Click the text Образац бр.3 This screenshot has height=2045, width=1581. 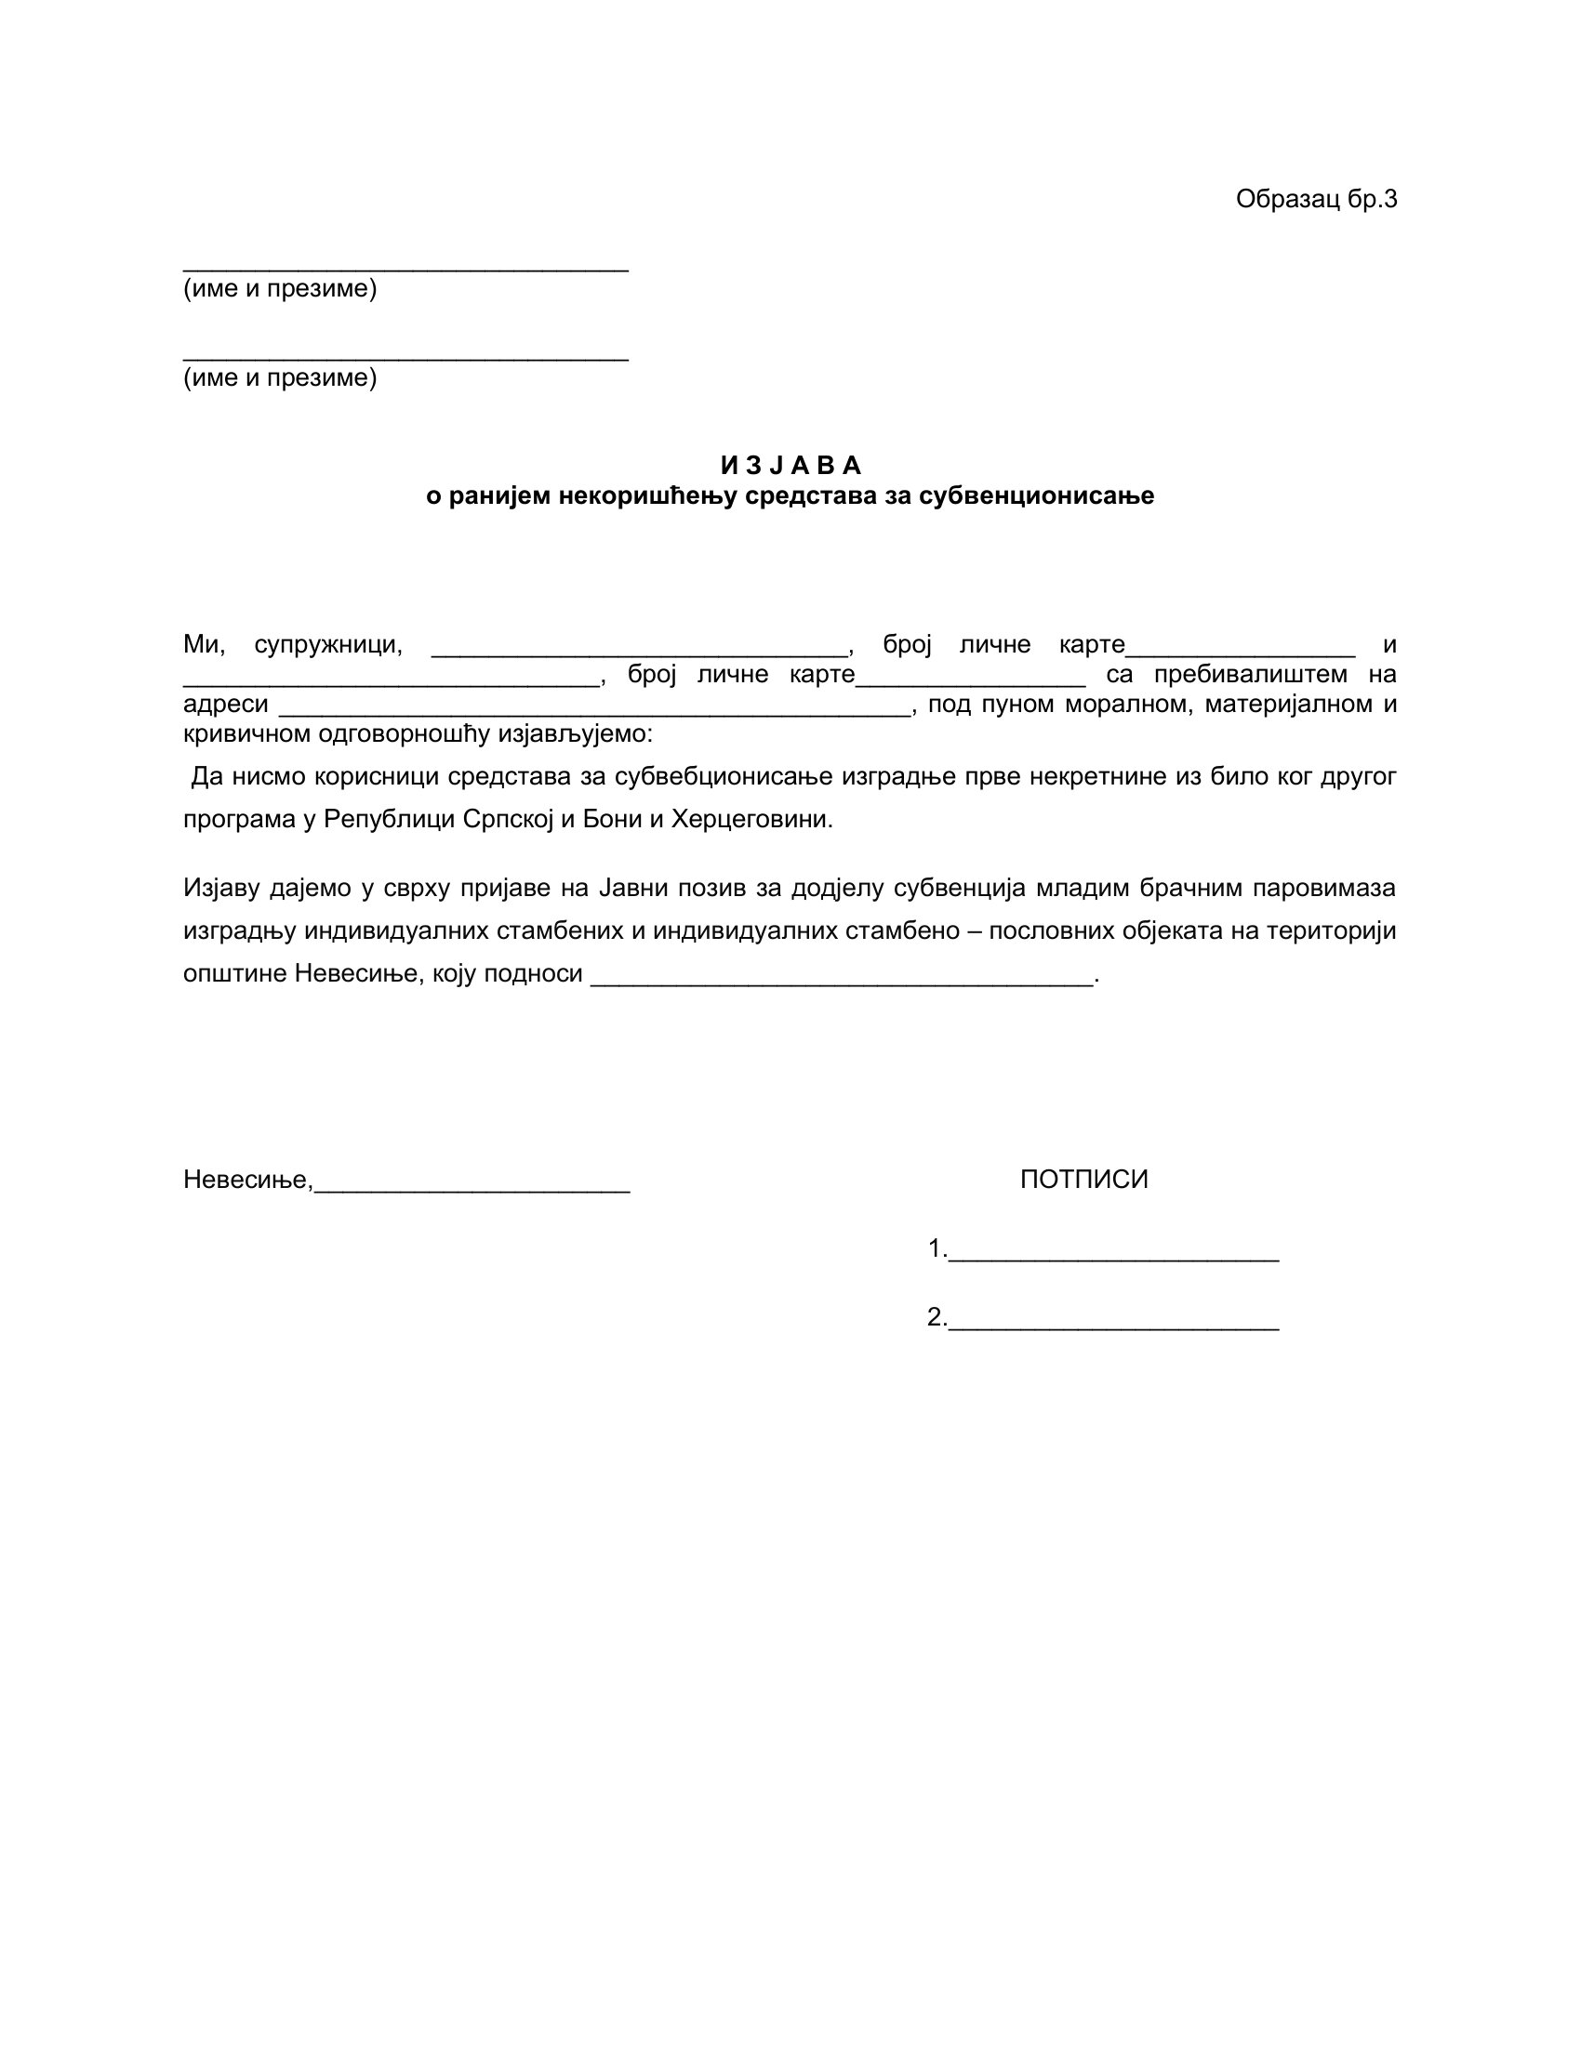pos(1315,200)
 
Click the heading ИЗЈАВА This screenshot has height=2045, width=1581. pos(790,466)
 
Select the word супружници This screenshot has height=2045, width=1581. pos(327,645)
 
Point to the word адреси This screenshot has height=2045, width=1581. pos(226,705)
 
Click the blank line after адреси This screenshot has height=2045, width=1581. pos(595,710)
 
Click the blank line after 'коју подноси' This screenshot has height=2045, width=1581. pos(843,981)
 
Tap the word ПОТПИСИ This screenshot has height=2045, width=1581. pos(1083,1180)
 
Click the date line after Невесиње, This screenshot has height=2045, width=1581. pos(472,1186)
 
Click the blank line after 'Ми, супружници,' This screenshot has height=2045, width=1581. pos(640,651)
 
